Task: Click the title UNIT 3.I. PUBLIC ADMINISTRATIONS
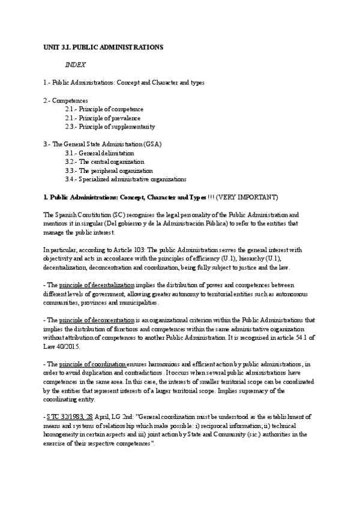pyautogui.click(x=103, y=46)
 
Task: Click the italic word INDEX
pyautogui.click(x=76, y=64)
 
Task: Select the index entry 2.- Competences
pyautogui.click(x=66, y=100)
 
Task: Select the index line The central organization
pyautogui.click(x=104, y=161)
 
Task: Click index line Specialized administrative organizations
pyautogui.click(x=125, y=179)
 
